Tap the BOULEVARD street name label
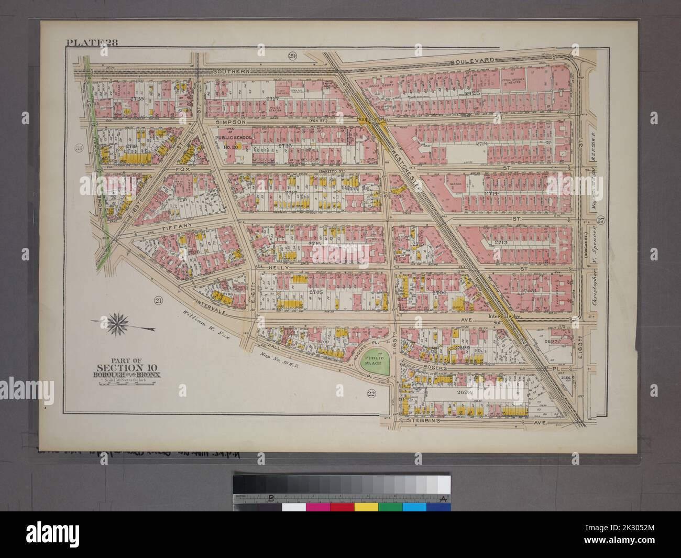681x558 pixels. click(473, 61)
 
